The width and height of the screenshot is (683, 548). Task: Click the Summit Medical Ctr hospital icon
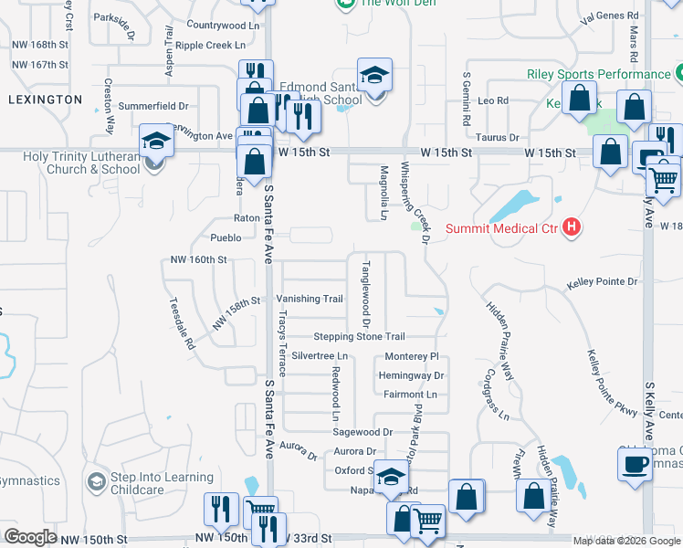[x=572, y=227]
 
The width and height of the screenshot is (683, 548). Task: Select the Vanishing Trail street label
[x=310, y=299]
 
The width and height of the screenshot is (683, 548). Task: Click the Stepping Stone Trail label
[x=359, y=337]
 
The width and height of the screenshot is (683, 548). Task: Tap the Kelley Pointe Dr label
[x=602, y=284]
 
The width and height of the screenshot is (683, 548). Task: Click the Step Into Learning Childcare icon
[x=96, y=481]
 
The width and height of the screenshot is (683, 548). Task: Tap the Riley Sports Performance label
[x=598, y=74]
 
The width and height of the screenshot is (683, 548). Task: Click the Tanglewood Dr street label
[x=365, y=294]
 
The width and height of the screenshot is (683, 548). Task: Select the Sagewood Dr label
[x=363, y=432]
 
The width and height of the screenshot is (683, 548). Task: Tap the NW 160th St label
[x=198, y=260]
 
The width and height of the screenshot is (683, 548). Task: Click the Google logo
[x=30, y=536]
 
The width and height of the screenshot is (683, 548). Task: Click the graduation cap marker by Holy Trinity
[x=156, y=142]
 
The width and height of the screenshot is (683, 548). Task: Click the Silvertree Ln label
[x=320, y=355]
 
